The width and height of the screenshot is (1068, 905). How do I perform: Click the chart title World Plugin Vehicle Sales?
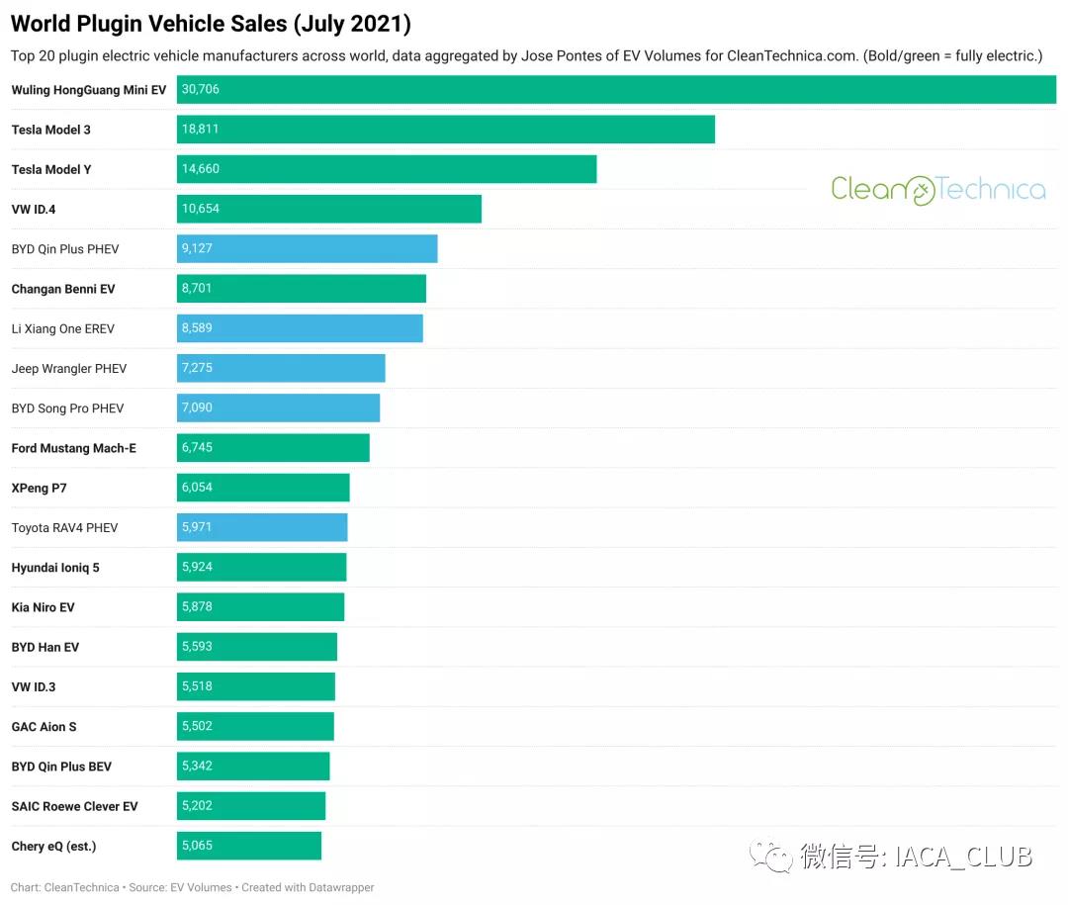tap(211, 24)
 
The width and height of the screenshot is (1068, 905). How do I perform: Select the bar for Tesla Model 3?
tap(445, 130)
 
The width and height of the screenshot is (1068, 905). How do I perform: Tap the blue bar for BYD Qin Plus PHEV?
tap(307, 248)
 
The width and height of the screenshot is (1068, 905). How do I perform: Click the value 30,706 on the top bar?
tap(201, 89)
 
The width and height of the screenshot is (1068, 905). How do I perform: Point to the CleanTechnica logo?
tap(937, 189)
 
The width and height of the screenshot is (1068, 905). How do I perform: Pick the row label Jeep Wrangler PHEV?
tap(69, 369)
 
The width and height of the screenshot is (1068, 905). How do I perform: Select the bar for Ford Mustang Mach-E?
tap(273, 448)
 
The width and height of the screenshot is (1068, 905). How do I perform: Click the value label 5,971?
tap(197, 527)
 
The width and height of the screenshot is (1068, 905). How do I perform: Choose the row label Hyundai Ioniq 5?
tap(55, 568)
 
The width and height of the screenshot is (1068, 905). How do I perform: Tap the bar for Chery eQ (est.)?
tap(249, 846)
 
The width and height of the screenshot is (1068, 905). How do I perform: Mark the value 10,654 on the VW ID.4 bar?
tap(201, 209)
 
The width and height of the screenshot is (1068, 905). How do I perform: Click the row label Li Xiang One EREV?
tap(63, 328)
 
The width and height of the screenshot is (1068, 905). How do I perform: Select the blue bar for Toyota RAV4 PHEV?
tap(262, 527)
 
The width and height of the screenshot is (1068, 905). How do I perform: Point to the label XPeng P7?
tap(40, 488)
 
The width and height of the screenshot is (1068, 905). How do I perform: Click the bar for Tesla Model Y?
tap(387, 169)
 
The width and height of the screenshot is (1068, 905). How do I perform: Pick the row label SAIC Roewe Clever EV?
tap(74, 806)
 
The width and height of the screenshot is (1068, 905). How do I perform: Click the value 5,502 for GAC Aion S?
tap(197, 726)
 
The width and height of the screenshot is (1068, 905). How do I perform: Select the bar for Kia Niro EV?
tap(260, 607)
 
